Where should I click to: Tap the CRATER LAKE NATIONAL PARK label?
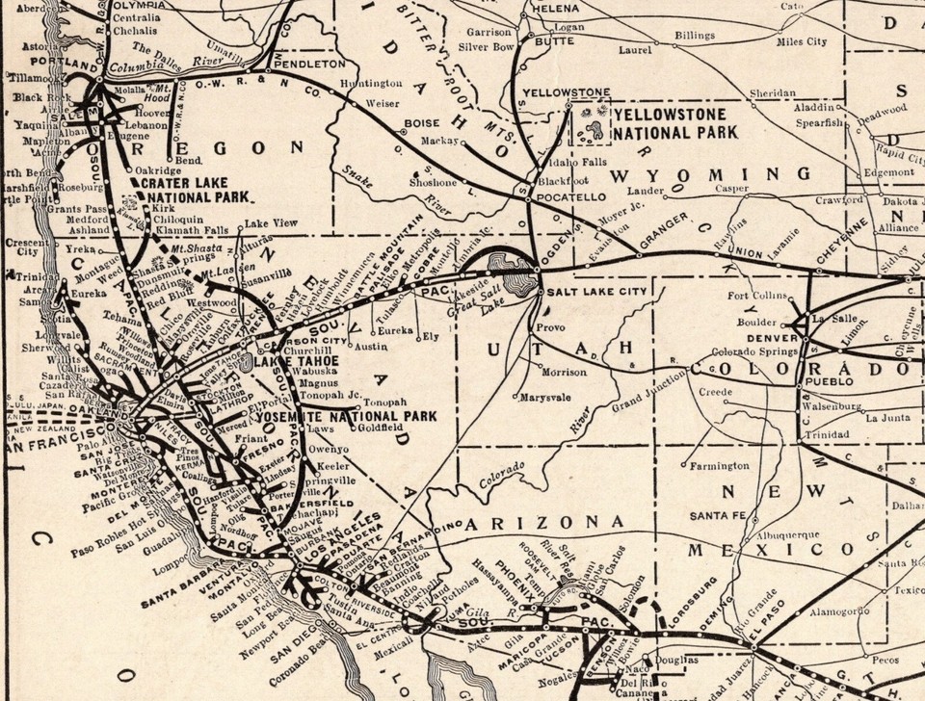pos(194,189)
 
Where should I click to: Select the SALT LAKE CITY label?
pos(587,290)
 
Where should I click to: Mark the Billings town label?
pos(694,36)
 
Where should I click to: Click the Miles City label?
pos(803,41)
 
